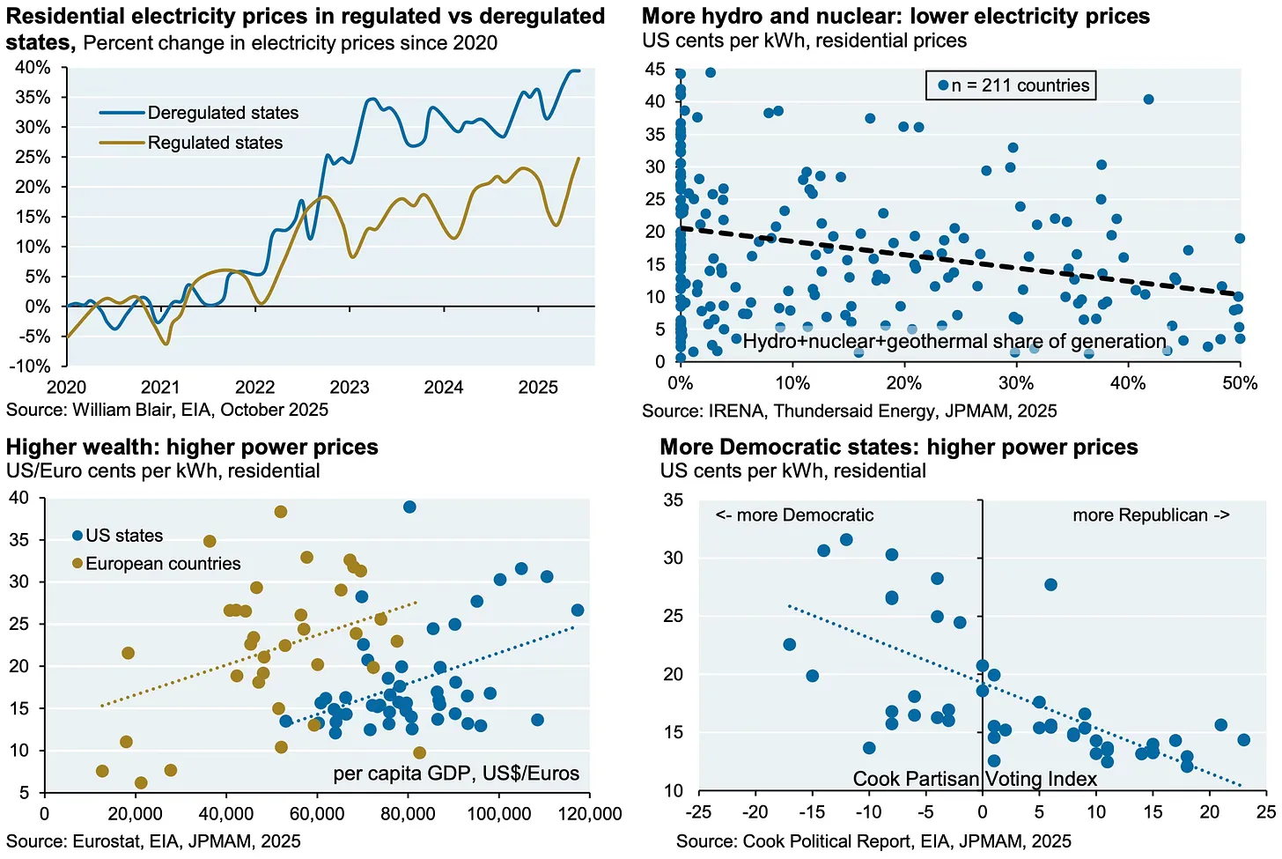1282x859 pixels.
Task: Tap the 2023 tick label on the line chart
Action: (x=349, y=388)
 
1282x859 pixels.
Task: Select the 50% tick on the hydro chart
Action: (x=1239, y=384)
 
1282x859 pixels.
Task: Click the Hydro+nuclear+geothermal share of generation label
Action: (x=954, y=342)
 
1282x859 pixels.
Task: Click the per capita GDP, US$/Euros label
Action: (x=456, y=774)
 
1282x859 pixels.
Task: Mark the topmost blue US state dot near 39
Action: (x=409, y=507)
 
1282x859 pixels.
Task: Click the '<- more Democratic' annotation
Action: (x=794, y=515)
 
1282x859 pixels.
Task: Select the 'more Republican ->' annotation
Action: (x=1150, y=515)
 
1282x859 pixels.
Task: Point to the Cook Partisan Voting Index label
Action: (x=975, y=779)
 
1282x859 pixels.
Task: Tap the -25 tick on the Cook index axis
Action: (x=698, y=811)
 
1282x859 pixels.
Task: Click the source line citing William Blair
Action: (x=167, y=410)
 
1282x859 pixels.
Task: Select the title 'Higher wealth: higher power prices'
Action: (x=192, y=447)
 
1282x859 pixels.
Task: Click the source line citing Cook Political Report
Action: (x=873, y=841)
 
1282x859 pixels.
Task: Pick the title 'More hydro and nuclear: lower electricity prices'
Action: (x=895, y=16)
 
